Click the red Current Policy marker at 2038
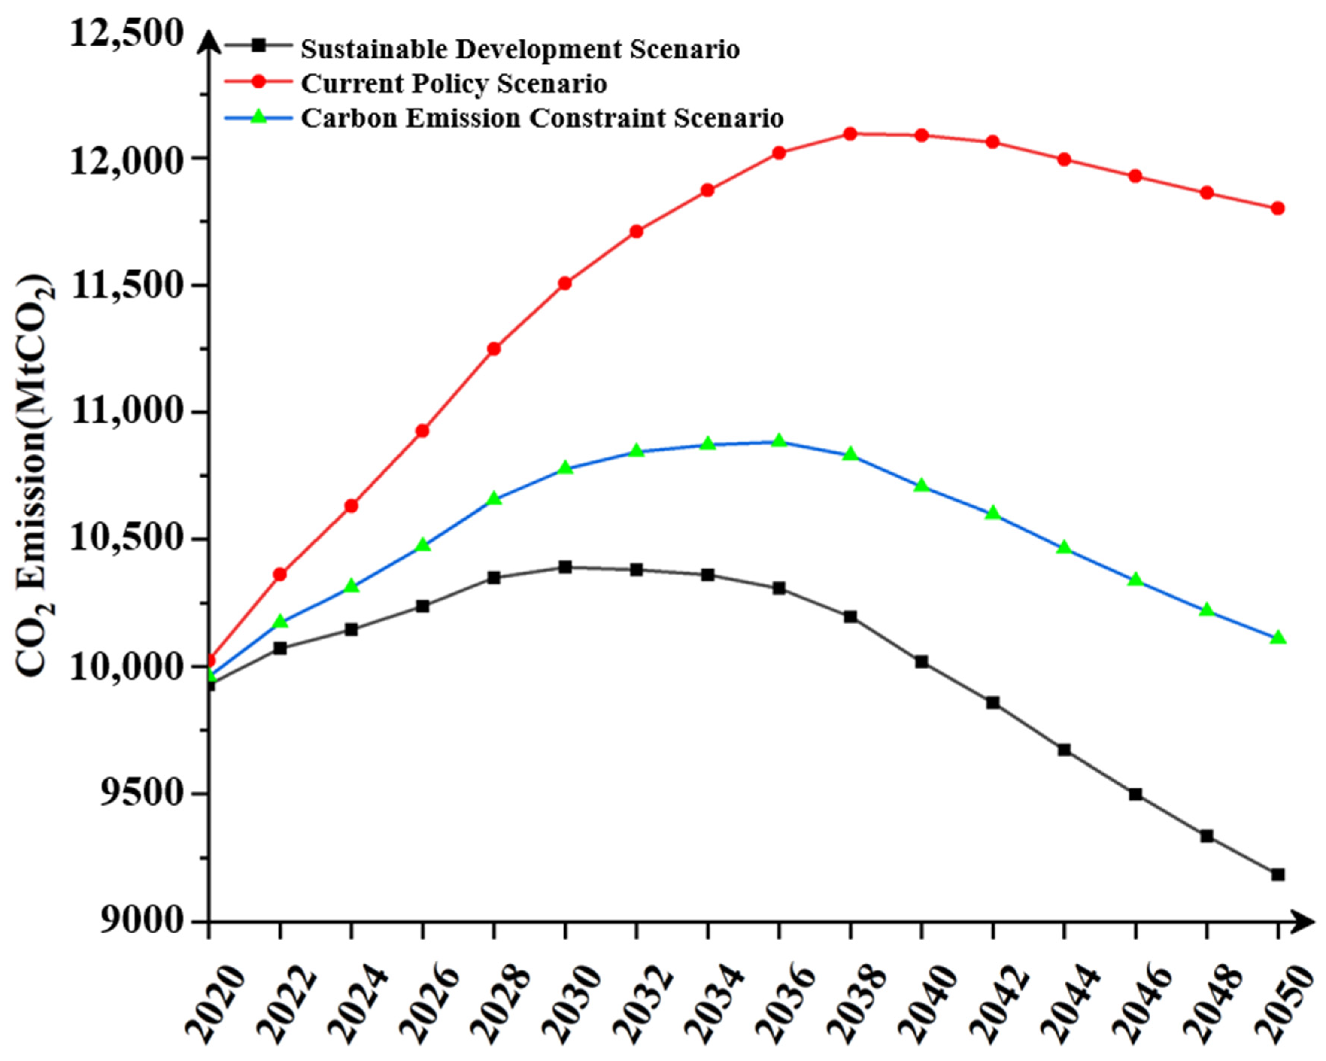850,134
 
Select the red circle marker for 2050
1278,208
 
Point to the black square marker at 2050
1278,874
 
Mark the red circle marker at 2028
494,349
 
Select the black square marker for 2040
921,662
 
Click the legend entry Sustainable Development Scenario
520,49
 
